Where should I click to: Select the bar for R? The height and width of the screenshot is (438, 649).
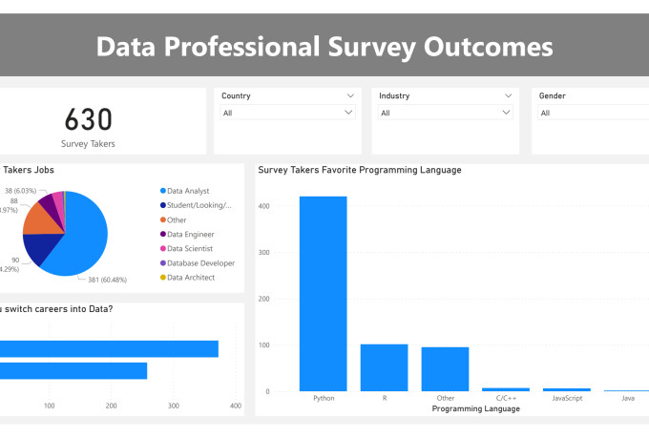click(384, 367)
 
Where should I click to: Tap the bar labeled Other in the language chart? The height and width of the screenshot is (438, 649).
click(445, 368)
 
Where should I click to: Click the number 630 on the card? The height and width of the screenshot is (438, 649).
click(89, 119)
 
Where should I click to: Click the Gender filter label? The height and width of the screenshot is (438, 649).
click(553, 95)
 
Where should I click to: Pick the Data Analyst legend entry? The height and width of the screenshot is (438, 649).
click(187, 191)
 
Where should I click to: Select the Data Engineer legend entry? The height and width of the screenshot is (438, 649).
click(190, 234)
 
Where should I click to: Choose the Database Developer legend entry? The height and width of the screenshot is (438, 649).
click(199, 262)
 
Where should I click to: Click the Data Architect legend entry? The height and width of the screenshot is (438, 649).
click(190, 277)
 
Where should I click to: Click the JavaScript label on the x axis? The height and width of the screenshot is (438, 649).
click(566, 398)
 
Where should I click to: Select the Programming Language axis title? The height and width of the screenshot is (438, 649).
click(475, 408)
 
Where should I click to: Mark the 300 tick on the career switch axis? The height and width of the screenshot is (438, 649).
click(173, 406)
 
